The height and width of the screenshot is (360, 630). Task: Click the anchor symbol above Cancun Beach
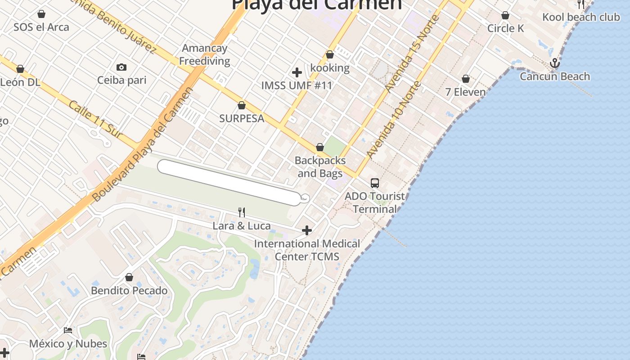(x=555, y=63)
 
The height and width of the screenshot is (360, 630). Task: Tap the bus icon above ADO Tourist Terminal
(x=375, y=183)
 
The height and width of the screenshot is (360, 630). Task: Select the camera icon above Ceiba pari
(x=121, y=67)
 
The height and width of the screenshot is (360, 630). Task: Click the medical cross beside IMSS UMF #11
(x=297, y=72)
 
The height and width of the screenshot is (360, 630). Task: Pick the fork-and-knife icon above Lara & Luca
(x=242, y=212)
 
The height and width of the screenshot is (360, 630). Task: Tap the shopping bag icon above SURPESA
(x=242, y=105)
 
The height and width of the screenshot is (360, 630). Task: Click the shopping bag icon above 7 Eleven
(x=466, y=79)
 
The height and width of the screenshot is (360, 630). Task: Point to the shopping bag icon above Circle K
(x=505, y=15)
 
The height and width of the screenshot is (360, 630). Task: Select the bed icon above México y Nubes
(x=68, y=330)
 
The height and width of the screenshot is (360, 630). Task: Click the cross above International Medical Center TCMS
(x=307, y=230)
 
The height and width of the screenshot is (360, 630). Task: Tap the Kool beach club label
(x=581, y=17)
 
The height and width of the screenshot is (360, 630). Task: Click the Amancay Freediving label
(x=205, y=54)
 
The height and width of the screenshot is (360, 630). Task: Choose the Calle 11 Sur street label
(x=95, y=119)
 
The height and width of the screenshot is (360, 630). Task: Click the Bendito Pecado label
(x=129, y=290)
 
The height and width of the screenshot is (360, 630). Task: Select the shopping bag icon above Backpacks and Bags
(x=320, y=147)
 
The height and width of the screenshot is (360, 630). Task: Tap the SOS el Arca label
(x=41, y=27)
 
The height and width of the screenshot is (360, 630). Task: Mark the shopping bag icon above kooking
(x=330, y=54)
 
